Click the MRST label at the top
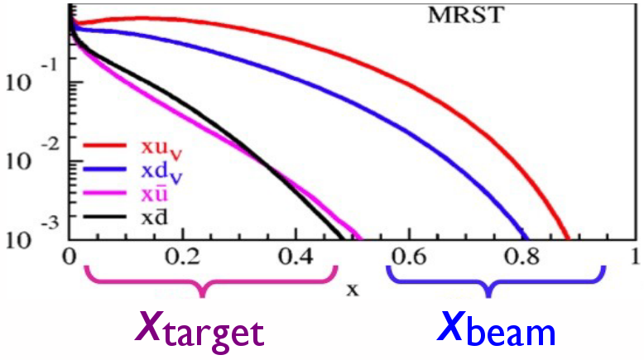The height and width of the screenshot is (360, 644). (x=465, y=15)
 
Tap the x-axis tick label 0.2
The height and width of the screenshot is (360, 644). (x=182, y=257)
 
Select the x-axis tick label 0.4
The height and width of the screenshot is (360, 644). (x=296, y=257)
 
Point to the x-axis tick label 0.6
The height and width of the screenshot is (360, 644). (x=409, y=257)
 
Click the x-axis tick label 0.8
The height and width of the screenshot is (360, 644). (x=521, y=257)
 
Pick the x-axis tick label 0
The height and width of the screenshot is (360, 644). (x=69, y=257)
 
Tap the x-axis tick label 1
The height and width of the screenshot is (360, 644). (x=636, y=257)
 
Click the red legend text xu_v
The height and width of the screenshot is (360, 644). (x=161, y=149)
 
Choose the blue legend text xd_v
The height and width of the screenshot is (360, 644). (x=161, y=171)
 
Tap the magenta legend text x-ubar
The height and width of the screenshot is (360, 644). (x=155, y=194)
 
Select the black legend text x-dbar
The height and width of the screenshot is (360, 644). (x=155, y=216)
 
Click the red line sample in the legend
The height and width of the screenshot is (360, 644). (x=104, y=145)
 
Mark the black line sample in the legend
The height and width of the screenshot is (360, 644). (x=104, y=216)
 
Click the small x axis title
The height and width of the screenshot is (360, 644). (x=353, y=290)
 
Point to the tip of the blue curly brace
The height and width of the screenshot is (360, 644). (x=488, y=295)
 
